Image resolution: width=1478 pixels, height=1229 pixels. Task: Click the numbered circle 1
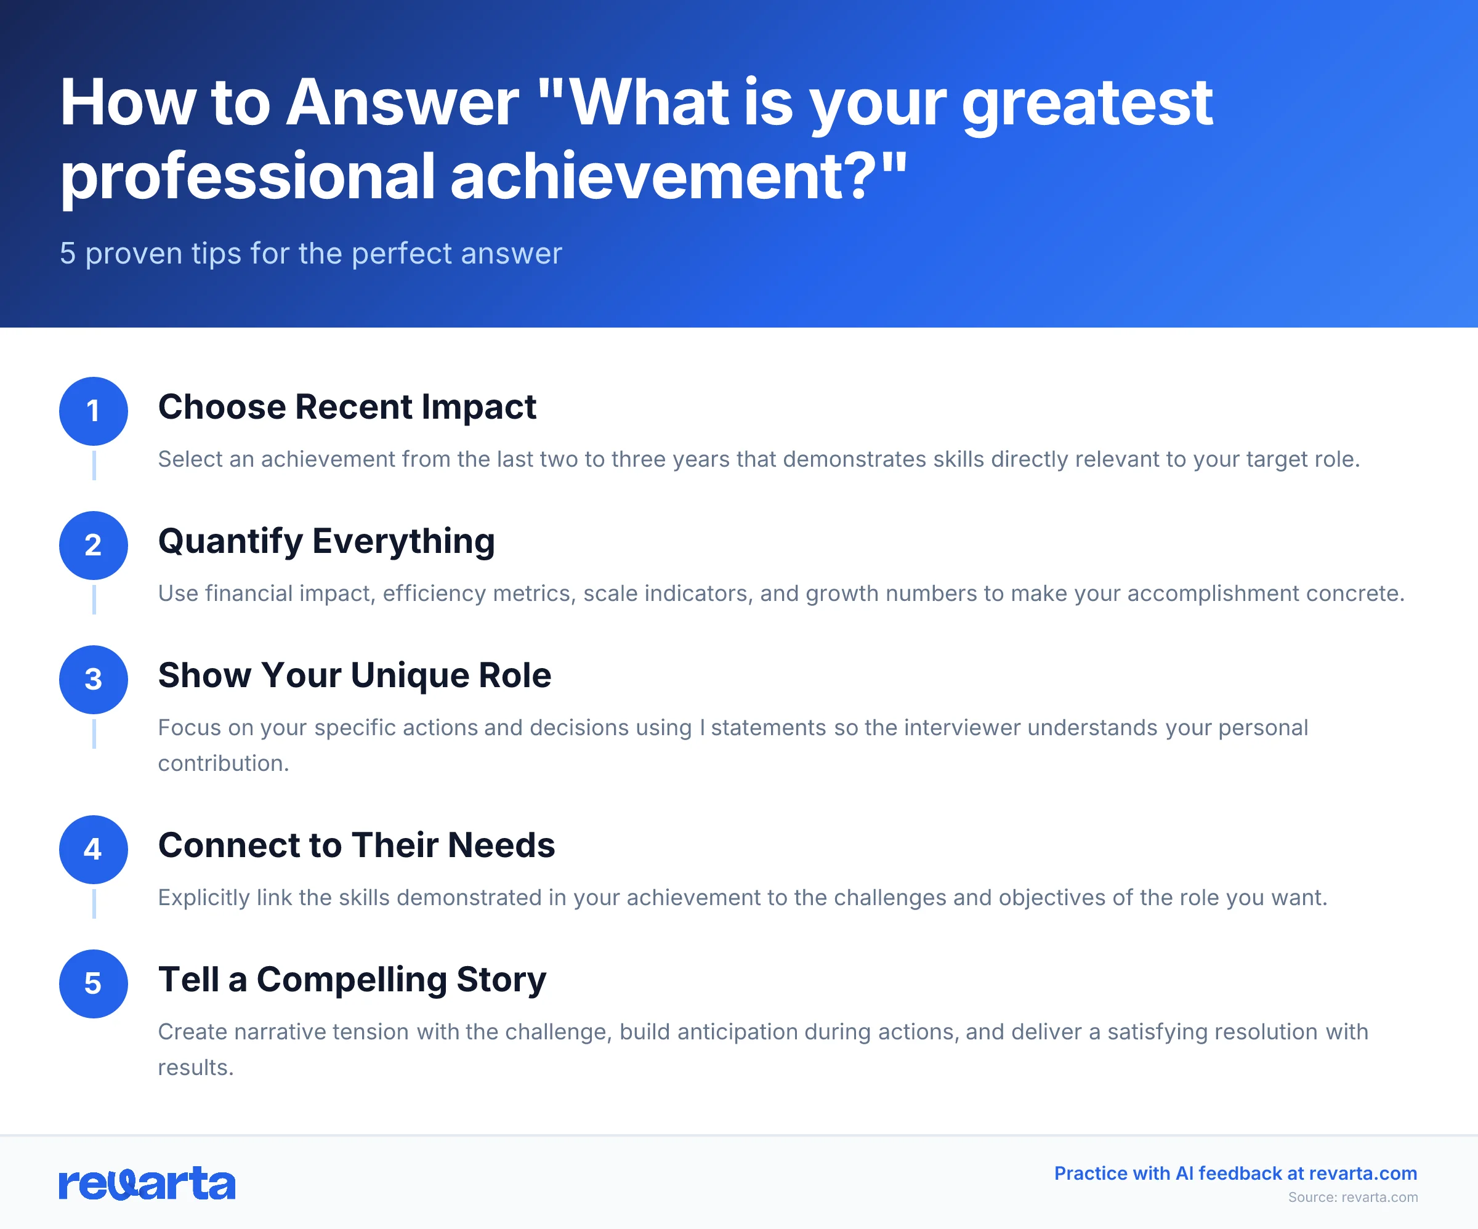[93, 411]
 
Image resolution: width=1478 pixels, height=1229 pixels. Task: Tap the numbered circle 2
[93, 546]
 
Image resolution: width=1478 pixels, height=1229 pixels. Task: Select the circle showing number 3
[93, 680]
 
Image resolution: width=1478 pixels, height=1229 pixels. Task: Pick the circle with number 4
[93, 850]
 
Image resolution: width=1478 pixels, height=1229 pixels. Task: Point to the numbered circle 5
[93, 984]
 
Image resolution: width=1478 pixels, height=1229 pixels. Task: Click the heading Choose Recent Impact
[347, 407]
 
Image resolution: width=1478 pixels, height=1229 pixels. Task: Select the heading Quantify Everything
[326, 541]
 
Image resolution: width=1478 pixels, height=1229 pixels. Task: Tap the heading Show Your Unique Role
[354, 675]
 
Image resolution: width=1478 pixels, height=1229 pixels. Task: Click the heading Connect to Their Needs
[356, 845]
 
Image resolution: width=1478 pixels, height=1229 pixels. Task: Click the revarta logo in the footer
[147, 1184]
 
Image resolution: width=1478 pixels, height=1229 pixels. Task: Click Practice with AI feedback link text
[1235, 1174]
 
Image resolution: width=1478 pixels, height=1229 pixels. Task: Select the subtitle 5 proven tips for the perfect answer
[310, 254]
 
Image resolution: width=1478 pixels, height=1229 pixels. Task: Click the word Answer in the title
[403, 103]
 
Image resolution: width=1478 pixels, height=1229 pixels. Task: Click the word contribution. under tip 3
[223, 764]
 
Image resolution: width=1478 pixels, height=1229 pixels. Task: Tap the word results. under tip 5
[196, 1068]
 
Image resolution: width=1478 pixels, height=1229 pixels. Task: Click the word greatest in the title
[1087, 103]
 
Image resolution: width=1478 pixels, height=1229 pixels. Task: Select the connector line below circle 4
[94, 904]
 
